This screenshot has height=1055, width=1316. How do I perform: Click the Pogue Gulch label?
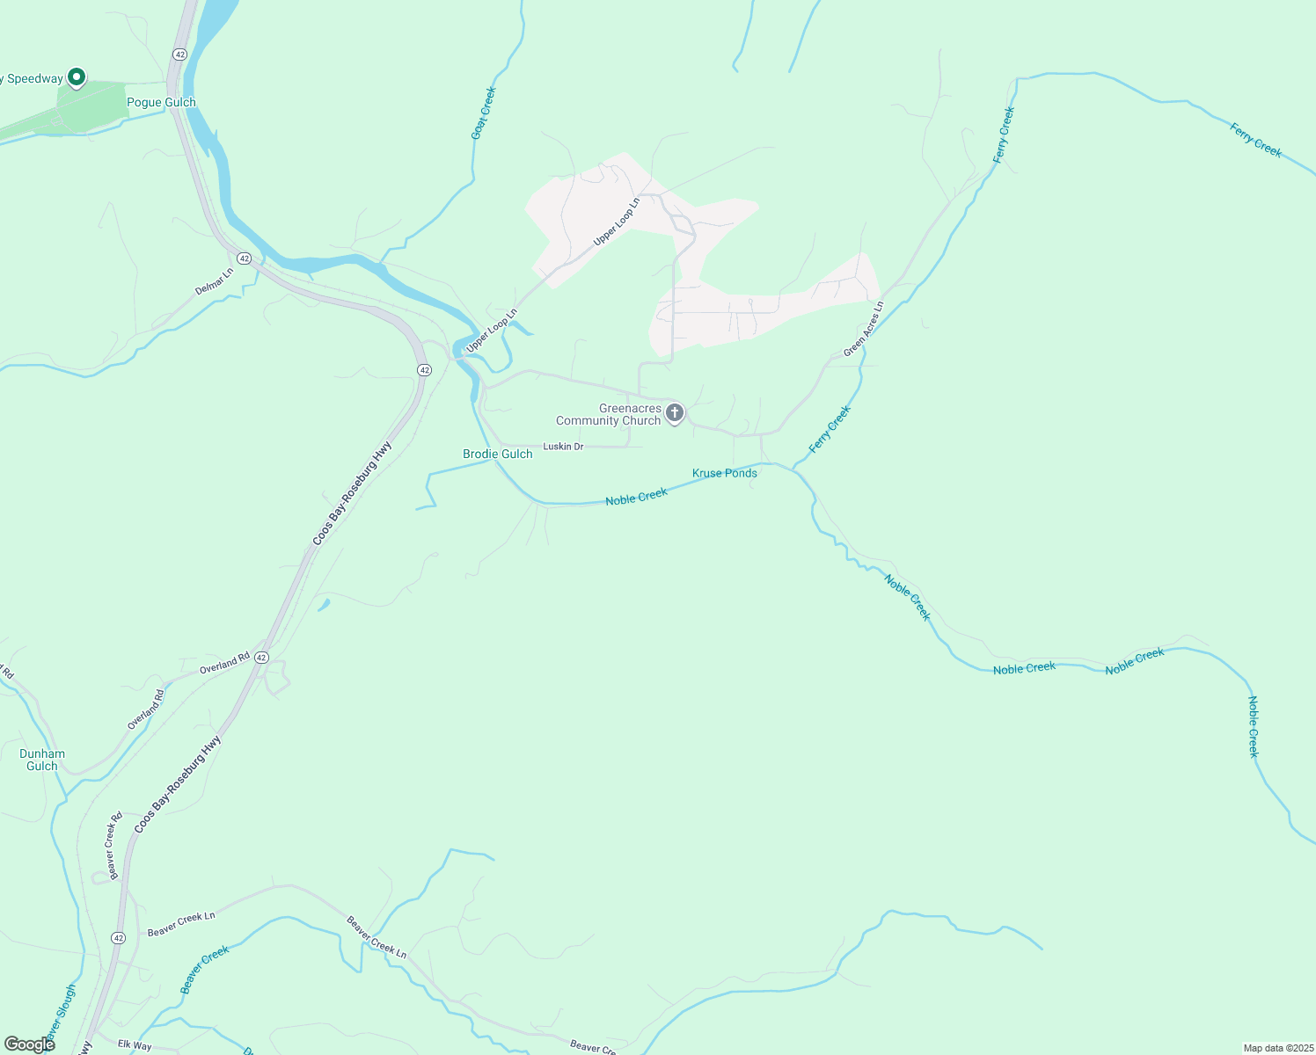(161, 103)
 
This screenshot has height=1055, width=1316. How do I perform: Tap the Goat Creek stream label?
(484, 113)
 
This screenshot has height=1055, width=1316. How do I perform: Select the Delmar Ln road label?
(215, 281)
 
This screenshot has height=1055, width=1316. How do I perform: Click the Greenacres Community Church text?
(609, 415)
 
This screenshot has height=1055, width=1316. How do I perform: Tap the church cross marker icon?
(675, 412)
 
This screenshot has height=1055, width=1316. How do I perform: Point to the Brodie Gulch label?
(498, 455)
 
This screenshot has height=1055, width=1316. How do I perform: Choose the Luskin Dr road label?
(563, 447)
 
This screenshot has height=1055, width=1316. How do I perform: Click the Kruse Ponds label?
(725, 473)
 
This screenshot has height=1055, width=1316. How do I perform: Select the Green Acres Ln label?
(863, 330)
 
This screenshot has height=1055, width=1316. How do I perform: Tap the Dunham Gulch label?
(42, 760)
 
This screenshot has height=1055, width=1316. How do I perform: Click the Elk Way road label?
(135, 1046)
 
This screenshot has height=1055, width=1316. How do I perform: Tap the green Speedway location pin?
(77, 77)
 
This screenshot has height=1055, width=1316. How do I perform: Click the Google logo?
(30, 1044)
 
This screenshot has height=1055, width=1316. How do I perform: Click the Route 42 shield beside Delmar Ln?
(244, 258)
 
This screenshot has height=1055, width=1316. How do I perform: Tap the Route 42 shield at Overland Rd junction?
(261, 658)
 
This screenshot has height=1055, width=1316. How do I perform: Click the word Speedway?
(35, 79)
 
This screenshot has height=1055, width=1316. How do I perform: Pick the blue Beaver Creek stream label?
(204, 970)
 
